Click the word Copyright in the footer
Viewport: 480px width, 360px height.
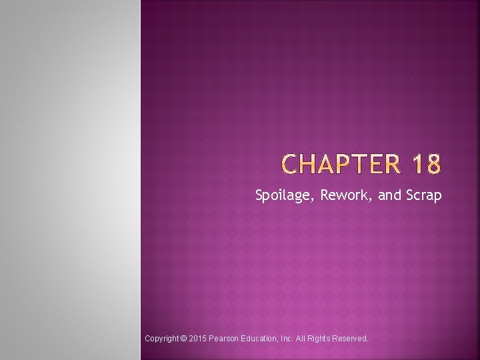tap(161, 339)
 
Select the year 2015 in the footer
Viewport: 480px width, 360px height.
tap(198, 339)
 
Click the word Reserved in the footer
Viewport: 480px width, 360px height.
tap(353, 339)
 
